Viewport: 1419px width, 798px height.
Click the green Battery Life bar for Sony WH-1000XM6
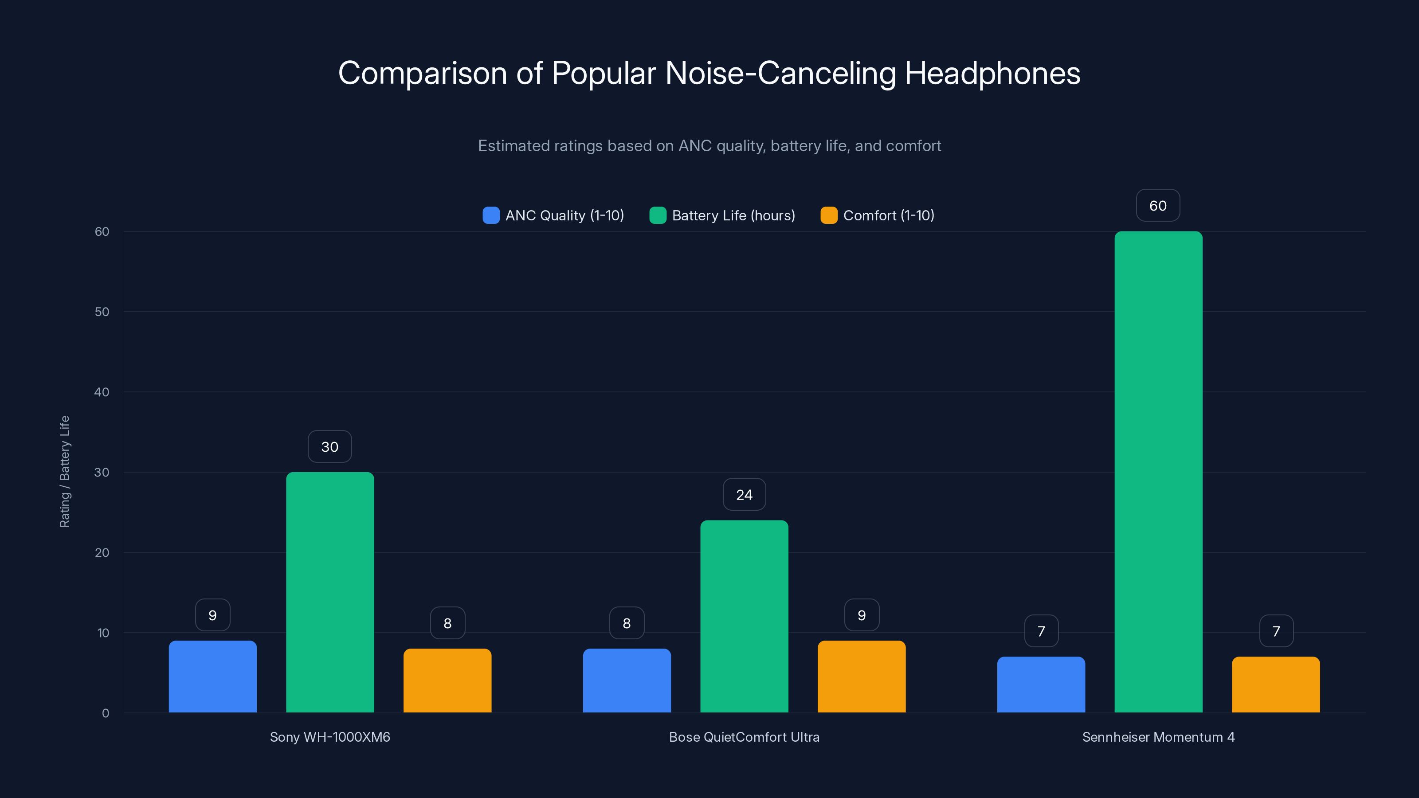pos(330,592)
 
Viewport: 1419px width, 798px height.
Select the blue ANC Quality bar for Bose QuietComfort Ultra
pos(627,681)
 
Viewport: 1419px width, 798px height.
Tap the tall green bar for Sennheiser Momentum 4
pos(1158,472)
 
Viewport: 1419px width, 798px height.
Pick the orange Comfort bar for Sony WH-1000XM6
pos(447,681)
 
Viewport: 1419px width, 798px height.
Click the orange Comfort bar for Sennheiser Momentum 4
pos(1276,685)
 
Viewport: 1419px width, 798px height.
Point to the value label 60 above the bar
pos(1158,205)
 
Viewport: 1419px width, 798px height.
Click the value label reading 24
pos(744,495)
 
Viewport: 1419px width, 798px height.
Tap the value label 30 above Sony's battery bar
pos(330,446)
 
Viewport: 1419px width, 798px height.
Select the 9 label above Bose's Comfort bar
pos(862,615)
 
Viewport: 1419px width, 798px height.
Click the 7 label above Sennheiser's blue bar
pos(1041,631)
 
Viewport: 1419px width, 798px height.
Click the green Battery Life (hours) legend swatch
pos(658,215)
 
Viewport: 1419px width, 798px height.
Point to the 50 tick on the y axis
pos(102,312)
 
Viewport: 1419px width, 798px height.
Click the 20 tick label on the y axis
pos(102,552)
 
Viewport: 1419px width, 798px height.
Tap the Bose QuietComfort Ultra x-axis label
pos(744,737)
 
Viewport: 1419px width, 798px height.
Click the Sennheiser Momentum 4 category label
pos(1158,737)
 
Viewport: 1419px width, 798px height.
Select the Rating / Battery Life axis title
pos(64,471)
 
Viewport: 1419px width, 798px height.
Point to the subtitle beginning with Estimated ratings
pos(709,146)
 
